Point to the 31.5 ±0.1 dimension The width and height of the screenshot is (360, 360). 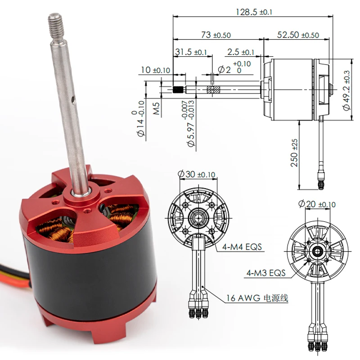tap(191, 52)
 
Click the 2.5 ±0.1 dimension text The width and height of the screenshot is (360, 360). tap(241, 52)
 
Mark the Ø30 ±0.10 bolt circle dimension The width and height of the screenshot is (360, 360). tap(197, 174)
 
